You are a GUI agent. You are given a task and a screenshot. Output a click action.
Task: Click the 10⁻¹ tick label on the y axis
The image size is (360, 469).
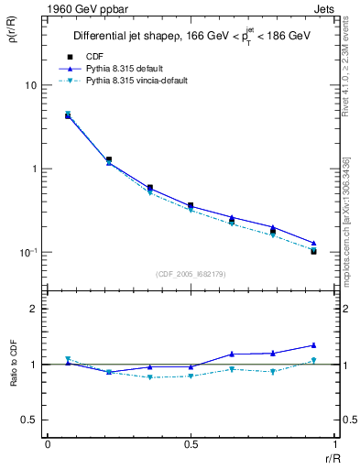[27, 253]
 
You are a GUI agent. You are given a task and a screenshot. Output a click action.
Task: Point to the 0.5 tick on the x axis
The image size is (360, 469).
[191, 443]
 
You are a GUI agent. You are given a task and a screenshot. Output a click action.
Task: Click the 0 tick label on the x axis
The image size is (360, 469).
[48, 443]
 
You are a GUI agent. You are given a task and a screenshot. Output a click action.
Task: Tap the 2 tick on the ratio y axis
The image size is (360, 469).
[34, 309]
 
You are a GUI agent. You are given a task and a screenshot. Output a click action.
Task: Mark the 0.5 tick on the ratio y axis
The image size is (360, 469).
[29, 420]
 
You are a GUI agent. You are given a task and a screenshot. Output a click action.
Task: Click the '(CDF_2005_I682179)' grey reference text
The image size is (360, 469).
[191, 274]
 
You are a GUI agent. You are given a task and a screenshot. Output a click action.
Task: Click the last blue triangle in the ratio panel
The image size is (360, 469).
[313, 345]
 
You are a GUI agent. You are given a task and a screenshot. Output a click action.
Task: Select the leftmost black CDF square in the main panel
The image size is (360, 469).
[68, 116]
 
